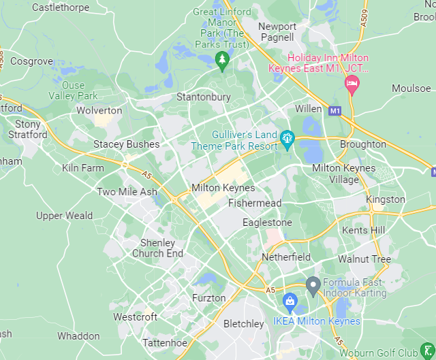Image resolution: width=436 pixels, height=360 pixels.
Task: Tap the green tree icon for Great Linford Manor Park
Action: click(221, 60)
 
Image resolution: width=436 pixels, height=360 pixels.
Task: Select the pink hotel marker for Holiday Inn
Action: click(352, 84)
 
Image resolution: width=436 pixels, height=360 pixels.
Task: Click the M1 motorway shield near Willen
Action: click(334, 110)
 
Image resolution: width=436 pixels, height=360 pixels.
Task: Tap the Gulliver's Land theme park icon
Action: click(287, 140)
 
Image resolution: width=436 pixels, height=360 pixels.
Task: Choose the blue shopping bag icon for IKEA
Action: click(290, 301)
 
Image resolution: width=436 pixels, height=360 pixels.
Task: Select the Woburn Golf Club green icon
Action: click(426, 351)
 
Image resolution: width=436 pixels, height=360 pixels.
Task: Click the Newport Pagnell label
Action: click(277, 32)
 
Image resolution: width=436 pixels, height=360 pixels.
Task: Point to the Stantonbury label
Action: click(203, 97)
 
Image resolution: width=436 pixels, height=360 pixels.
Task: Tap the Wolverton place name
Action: click(99, 110)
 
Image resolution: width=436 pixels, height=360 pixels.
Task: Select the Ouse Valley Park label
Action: click(73, 91)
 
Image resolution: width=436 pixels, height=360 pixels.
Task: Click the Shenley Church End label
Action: click(157, 248)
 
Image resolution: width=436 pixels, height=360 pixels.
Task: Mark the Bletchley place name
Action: click(243, 324)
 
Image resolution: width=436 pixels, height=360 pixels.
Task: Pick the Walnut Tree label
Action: click(364, 259)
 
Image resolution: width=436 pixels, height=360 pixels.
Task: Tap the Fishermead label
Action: click(255, 203)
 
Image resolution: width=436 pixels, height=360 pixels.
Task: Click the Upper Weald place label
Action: click(64, 216)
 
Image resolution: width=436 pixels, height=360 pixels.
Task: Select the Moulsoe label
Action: click(411, 88)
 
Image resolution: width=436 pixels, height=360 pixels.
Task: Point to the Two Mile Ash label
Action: click(127, 192)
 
